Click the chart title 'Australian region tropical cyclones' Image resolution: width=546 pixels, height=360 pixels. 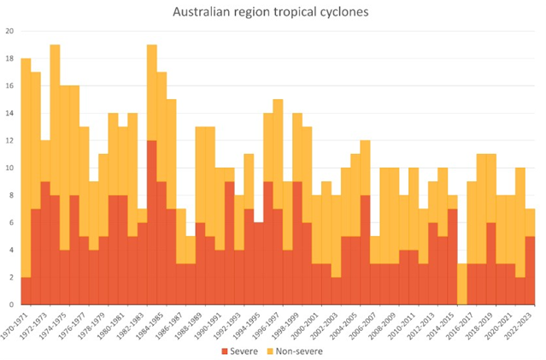pyautogui.click(x=273, y=13)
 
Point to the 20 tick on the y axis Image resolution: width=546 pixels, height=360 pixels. pyautogui.click(x=9, y=32)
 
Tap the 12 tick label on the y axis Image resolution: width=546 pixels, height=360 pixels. pyautogui.click(x=9, y=141)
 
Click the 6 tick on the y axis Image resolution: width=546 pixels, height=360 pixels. pyautogui.click(x=10, y=222)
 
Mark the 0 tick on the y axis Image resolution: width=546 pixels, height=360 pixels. pyautogui.click(x=10, y=304)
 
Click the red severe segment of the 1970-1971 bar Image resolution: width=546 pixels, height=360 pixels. pyautogui.click(x=26, y=290)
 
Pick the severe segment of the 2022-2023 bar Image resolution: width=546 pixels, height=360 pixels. pyautogui.click(x=530, y=269)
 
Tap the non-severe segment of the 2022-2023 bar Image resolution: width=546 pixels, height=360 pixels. pyautogui.click(x=530, y=221)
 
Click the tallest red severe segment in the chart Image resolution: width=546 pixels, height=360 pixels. pyautogui.click(x=152, y=222)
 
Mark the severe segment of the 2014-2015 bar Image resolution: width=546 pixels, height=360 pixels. pyautogui.click(x=452, y=257)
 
